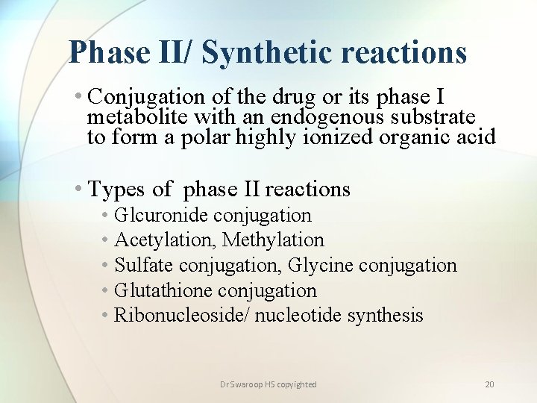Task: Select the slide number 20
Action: [489, 384]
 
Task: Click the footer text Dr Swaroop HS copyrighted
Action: [268, 384]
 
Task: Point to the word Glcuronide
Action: [161, 216]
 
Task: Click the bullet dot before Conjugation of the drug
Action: [79, 97]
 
